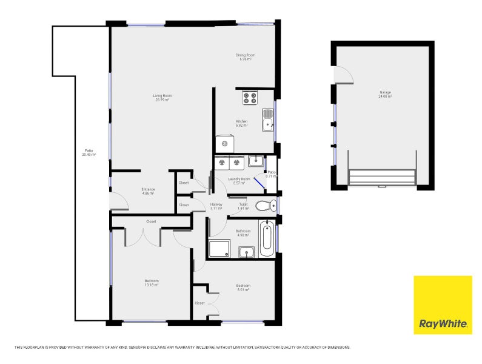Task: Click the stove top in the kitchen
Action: [250, 97]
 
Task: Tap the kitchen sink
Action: [267, 120]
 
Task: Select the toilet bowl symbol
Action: [264, 206]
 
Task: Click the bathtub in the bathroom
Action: [267, 239]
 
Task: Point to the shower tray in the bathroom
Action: [219, 249]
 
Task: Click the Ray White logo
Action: [443, 305]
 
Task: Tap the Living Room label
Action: [162, 97]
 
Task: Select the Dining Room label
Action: [245, 57]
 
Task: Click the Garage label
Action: [386, 94]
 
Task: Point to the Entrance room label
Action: [148, 191]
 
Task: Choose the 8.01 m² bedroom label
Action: [243, 288]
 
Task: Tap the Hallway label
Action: [216, 206]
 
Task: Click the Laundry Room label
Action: [238, 181]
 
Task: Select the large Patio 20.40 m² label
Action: [89, 152]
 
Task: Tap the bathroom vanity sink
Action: [246, 252]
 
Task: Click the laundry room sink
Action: [256, 161]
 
